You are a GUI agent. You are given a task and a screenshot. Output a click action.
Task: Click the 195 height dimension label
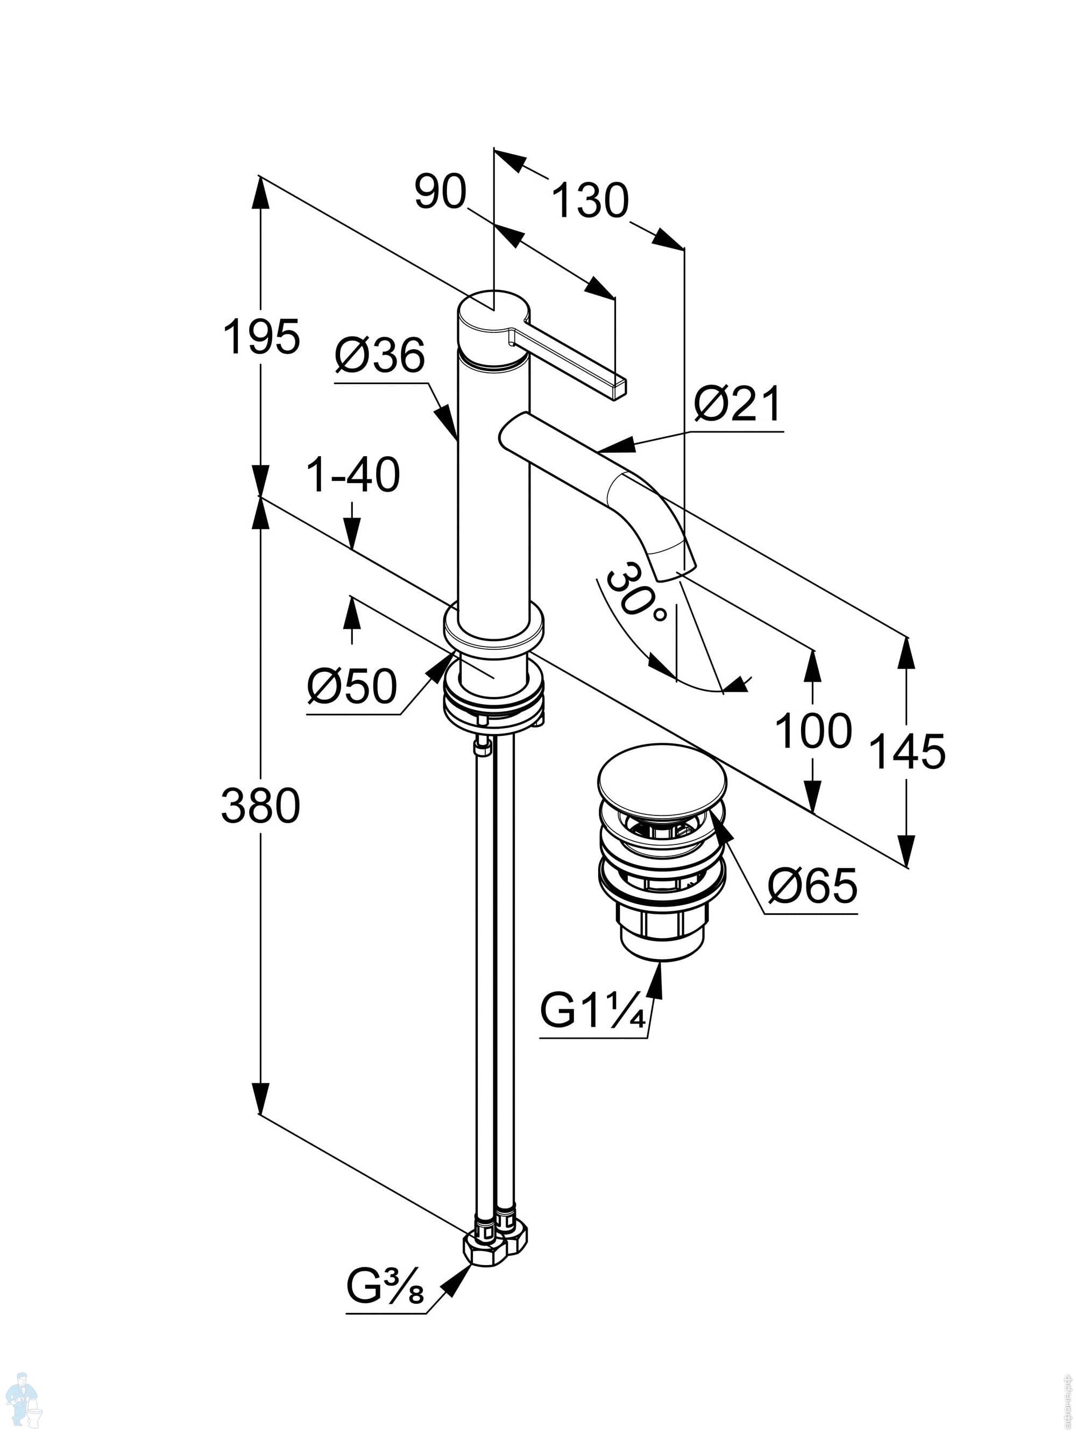coord(261,337)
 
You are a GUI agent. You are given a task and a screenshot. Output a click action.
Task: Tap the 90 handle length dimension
coord(441,193)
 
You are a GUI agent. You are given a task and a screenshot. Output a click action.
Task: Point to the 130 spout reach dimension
coord(590,200)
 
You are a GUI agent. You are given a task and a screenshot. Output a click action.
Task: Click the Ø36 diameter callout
coord(379,356)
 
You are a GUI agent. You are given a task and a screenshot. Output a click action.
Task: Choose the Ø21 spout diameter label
coord(738,404)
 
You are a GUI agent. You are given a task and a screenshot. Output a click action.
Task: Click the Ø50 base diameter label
coord(351,686)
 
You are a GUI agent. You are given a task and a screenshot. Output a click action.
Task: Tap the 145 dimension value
coord(907,751)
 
